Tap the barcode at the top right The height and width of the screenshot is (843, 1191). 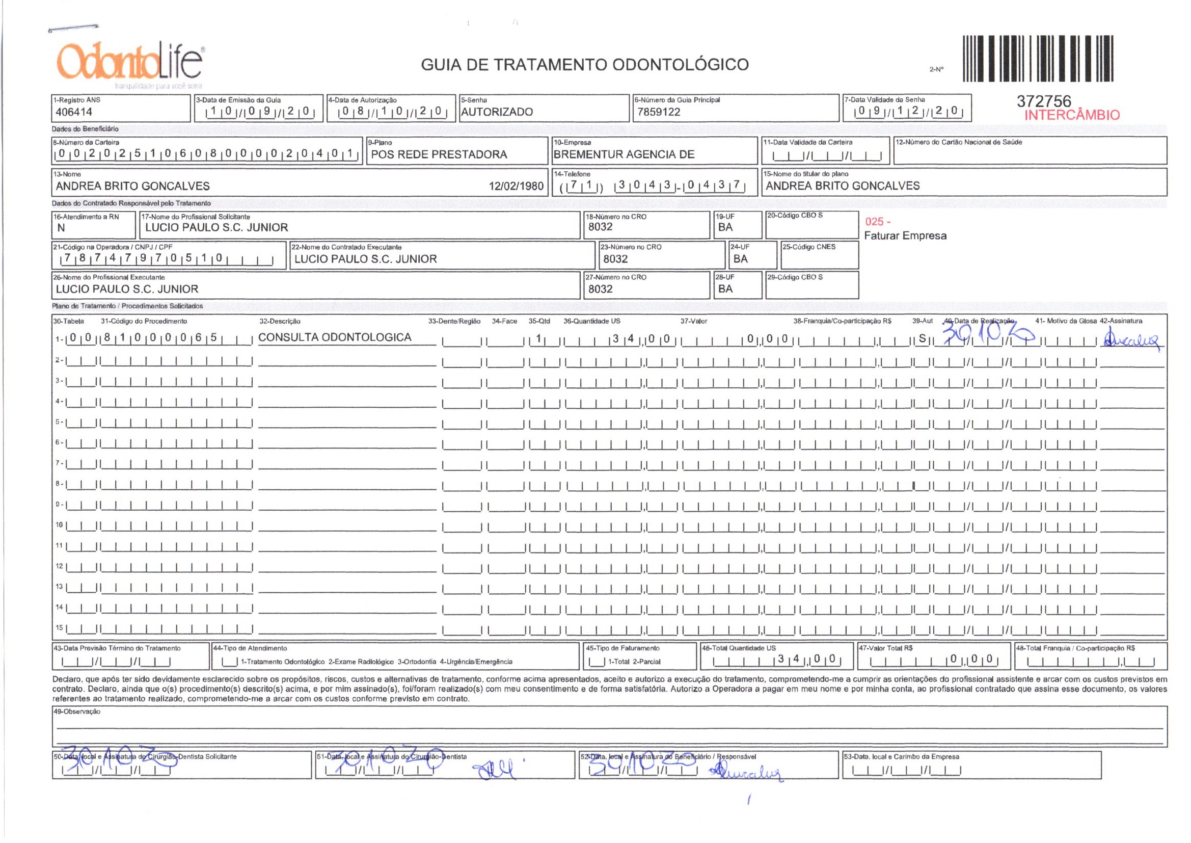(1038, 59)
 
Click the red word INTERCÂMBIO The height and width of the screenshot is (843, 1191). (1072, 115)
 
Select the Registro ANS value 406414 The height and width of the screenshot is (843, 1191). (74, 112)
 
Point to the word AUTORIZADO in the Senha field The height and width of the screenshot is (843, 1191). (497, 112)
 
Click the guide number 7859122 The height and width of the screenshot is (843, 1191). (658, 112)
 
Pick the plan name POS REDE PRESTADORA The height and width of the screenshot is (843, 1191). (439, 155)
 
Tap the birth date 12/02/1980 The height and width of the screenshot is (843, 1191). (516, 187)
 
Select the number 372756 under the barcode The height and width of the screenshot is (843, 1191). (1044, 102)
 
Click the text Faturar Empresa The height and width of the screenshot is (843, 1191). (905, 235)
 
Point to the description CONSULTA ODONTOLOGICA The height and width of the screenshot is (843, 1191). (335, 337)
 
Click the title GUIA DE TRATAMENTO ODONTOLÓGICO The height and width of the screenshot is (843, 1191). (585, 65)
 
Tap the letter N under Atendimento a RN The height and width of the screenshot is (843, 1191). (61, 228)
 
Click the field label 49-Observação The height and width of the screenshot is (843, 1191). (77, 712)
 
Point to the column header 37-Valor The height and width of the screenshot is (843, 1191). (693, 321)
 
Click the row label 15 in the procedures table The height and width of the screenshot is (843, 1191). (59, 628)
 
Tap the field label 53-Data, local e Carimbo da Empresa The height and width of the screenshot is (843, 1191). (902, 757)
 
